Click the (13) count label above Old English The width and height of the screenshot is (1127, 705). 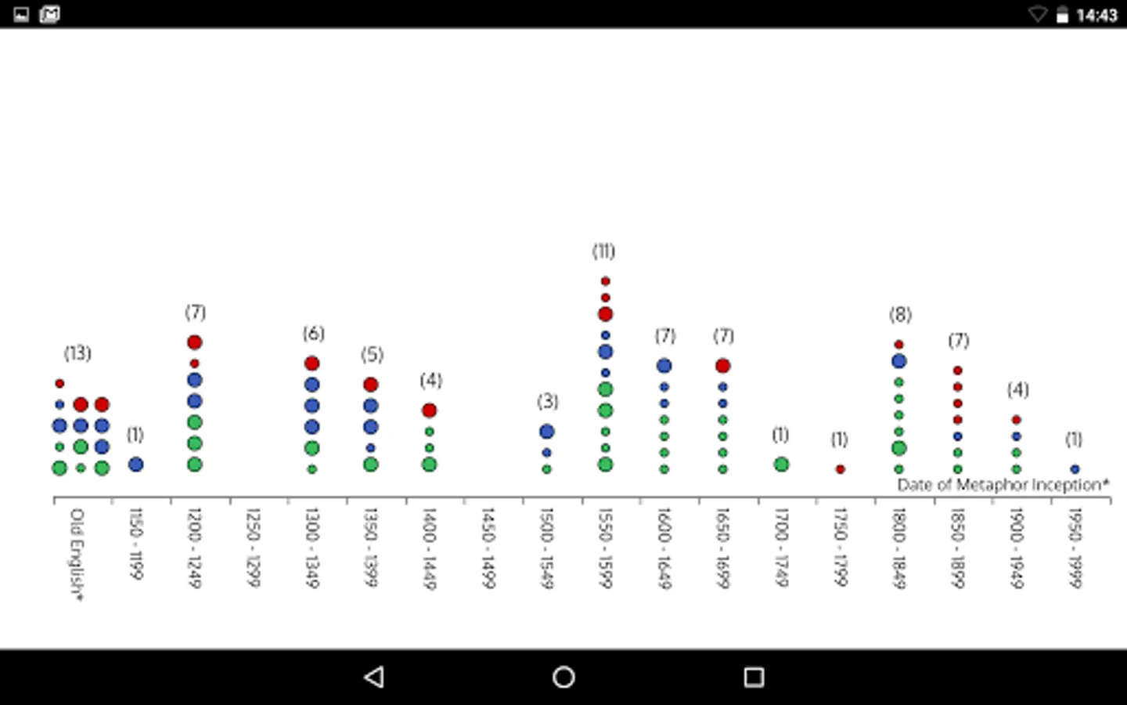coord(77,353)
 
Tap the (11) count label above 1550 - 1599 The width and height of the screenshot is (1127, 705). coord(603,251)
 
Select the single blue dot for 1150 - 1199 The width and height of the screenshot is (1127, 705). coord(135,465)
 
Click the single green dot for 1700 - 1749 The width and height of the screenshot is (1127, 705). coord(781,465)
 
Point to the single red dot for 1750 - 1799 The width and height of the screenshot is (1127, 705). coord(840,469)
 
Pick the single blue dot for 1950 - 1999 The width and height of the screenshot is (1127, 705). coord(1075,469)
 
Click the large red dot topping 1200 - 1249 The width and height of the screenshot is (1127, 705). coord(195,342)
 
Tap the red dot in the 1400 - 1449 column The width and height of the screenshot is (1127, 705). coord(429,410)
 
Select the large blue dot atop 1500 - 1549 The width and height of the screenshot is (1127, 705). coord(546,432)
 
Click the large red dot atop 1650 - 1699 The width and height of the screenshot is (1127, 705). coord(722,366)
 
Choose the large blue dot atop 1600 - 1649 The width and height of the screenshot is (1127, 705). coord(664,366)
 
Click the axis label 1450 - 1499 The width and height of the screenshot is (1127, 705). coord(487,548)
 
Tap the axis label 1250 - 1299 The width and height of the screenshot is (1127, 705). coord(252,548)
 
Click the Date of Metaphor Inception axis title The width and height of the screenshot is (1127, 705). coord(1003,485)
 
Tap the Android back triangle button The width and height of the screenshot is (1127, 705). coord(375,677)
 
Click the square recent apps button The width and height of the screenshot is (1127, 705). coord(754,677)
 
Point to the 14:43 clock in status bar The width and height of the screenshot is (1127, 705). coord(1096,15)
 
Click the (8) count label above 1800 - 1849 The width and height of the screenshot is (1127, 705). coord(900,315)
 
